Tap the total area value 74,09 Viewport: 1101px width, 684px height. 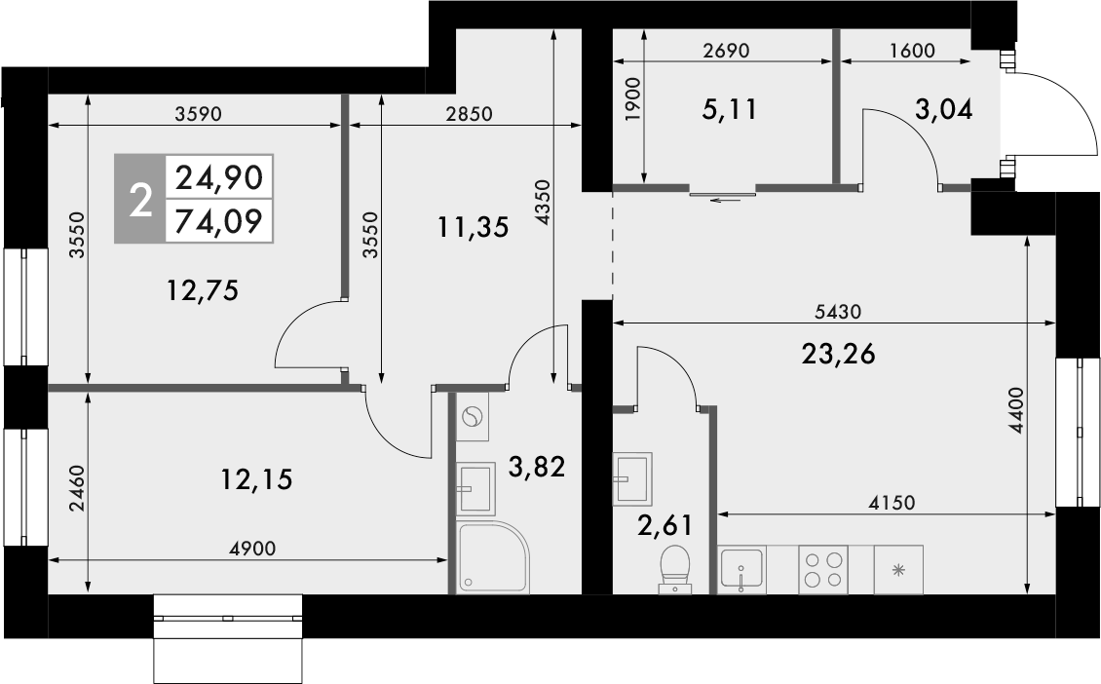coord(218,222)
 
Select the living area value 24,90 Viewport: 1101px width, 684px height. coord(218,177)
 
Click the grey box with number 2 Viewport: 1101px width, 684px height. coord(140,200)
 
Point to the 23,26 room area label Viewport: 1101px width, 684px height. coord(838,355)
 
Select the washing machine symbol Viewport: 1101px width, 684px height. coord(473,418)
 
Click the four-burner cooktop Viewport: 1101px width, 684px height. coord(822,569)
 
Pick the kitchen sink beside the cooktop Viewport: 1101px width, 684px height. coord(742,569)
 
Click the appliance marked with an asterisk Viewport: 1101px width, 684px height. coord(897,569)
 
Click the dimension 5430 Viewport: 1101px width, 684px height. coord(838,312)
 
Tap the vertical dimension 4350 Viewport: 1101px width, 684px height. coord(543,202)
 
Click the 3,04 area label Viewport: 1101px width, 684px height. coord(943,109)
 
